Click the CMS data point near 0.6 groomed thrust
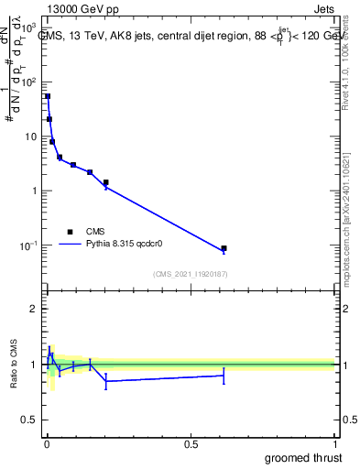point(224,248)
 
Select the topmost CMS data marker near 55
point(48,96)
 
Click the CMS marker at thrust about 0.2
point(106,182)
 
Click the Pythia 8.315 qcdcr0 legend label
point(120,245)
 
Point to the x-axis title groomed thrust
point(305,457)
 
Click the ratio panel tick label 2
point(33,309)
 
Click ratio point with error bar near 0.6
point(224,376)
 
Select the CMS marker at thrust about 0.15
point(90,172)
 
